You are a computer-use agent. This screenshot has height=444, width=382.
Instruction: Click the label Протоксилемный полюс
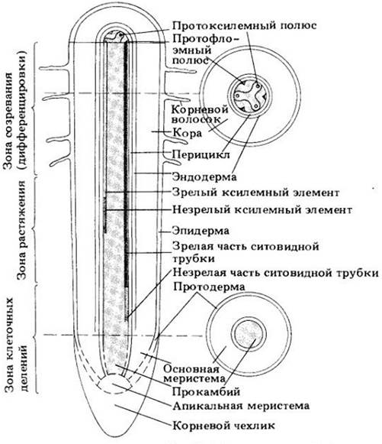pos(244,25)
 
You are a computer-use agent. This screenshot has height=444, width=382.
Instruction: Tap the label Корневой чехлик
pos(223,425)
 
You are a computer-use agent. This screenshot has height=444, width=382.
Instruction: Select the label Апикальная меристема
pos(241,406)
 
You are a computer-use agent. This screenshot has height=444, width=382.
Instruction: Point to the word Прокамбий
pos(207,391)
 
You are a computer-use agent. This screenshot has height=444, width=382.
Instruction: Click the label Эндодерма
pos(204,177)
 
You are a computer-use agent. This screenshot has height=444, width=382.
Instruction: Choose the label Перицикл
pos(201,155)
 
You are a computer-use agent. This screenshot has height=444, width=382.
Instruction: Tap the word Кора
pos(187,132)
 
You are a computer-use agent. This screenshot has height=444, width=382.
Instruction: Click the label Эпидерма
pos(201,231)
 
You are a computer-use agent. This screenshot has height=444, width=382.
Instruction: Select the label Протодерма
pos(209,287)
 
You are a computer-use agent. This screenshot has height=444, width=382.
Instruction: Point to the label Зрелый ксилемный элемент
pos(255,193)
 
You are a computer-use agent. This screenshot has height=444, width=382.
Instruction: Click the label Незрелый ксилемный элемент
pos(262,210)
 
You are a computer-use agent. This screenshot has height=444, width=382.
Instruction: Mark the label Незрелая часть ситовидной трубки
pos(275,273)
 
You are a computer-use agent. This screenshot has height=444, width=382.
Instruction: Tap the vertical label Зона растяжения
pos(22,230)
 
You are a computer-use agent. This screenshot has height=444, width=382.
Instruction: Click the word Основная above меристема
pos(191,369)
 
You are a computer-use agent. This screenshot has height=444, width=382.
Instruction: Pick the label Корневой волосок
pos(200,114)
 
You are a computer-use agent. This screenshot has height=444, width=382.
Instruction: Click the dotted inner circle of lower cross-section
pos(249,333)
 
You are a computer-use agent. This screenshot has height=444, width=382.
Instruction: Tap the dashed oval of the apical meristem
pos(115,384)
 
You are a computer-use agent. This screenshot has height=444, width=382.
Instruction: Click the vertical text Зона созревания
pos(8,121)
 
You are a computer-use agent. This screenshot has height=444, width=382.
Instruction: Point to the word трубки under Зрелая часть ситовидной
pos(194,259)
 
